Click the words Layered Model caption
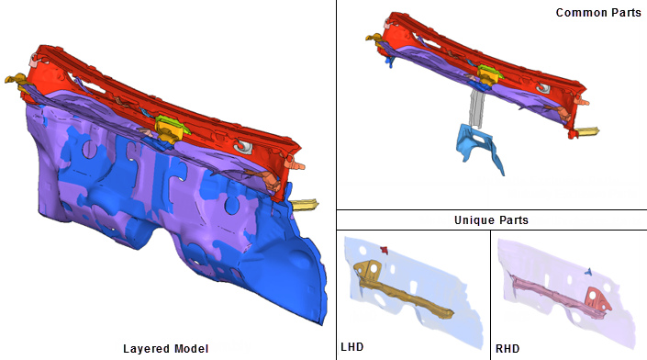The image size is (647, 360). tap(165, 349)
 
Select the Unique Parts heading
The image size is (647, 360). tap(491, 220)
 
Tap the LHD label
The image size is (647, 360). tap(352, 347)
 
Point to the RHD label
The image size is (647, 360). tap(508, 349)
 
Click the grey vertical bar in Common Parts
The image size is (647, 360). tap(476, 108)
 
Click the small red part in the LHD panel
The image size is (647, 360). tap(385, 250)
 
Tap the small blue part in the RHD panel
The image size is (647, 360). tap(589, 271)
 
